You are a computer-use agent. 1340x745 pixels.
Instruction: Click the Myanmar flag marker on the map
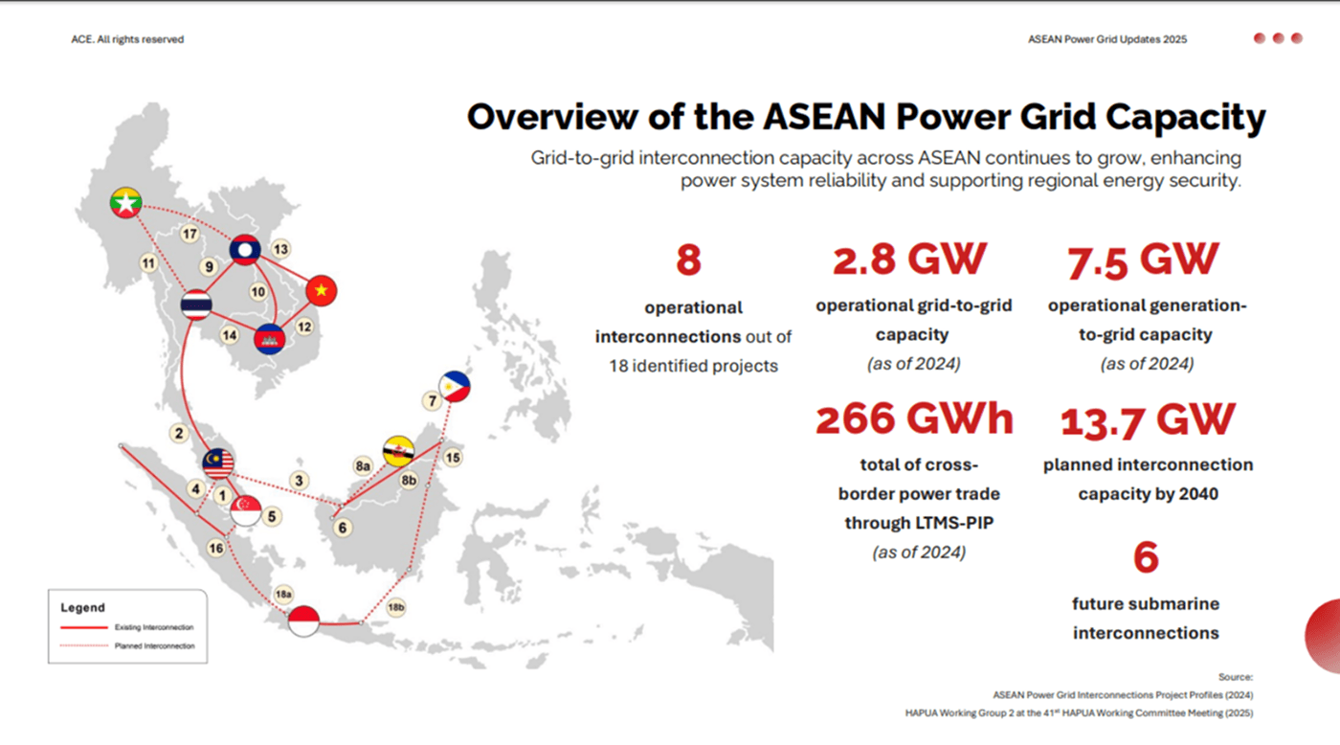(x=126, y=202)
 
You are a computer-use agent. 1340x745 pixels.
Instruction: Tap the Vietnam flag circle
(x=322, y=290)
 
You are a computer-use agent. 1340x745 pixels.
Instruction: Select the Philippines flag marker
(x=455, y=386)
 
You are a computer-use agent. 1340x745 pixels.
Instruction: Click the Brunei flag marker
(x=398, y=451)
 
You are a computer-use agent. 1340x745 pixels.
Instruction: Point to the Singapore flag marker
(x=246, y=510)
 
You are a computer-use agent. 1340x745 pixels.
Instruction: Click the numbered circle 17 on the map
(x=190, y=234)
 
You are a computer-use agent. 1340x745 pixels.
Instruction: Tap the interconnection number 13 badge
(x=280, y=249)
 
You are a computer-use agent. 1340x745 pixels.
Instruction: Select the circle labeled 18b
(x=396, y=607)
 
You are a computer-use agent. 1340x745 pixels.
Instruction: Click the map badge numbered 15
(x=453, y=458)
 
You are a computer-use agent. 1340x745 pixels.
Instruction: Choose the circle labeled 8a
(x=363, y=466)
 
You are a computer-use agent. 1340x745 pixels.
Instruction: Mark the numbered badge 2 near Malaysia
(x=178, y=433)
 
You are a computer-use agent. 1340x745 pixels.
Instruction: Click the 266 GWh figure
(x=913, y=419)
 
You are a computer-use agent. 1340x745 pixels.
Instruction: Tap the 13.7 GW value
(x=1148, y=419)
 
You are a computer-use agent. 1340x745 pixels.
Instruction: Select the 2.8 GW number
(x=908, y=260)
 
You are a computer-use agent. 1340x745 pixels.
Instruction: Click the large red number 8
(x=688, y=260)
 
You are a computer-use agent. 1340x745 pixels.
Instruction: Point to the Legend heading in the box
(x=83, y=607)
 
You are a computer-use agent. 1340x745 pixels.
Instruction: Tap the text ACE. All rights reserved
(x=127, y=39)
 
